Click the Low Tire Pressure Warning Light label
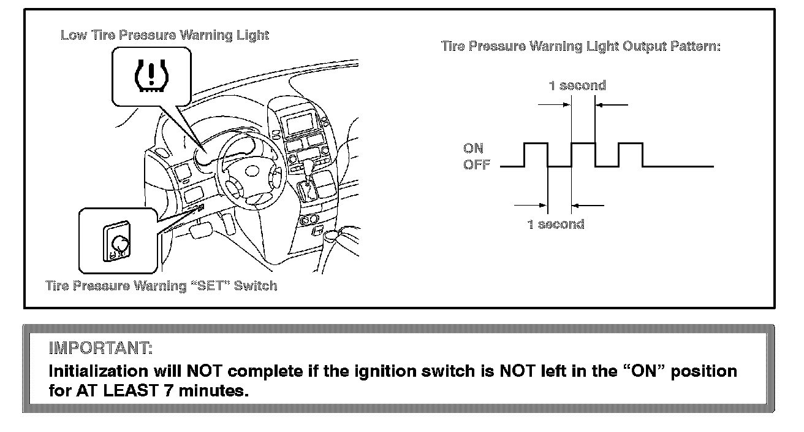click(x=164, y=36)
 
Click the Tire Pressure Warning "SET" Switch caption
click(x=162, y=286)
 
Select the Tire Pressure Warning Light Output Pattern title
click(x=580, y=47)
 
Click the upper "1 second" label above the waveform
click(x=577, y=86)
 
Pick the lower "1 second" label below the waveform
click(x=556, y=224)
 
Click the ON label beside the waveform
click(x=473, y=148)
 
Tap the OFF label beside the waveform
click(x=476, y=166)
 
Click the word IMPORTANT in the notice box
click(x=100, y=349)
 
